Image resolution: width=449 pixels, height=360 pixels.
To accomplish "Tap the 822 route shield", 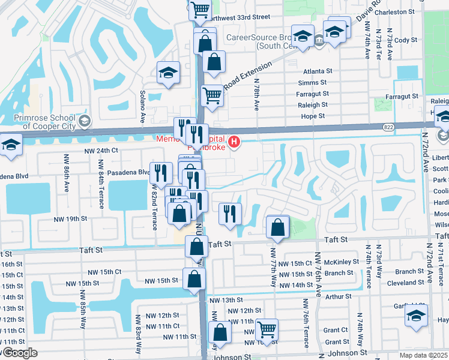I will (x=388, y=127).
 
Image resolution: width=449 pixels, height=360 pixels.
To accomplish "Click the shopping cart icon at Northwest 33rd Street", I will (x=200, y=9).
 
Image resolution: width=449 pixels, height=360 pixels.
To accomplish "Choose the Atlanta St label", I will (x=318, y=71).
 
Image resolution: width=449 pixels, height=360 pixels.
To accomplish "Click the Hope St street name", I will (x=313, y=116).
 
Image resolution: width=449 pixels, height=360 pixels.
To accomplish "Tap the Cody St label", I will (x=405, y=40).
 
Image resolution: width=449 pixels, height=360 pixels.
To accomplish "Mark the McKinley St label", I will (x=341, y=262).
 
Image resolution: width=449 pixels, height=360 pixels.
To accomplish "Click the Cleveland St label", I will (x=405, y=283).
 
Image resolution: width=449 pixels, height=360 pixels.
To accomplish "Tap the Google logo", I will (x=19, y=353).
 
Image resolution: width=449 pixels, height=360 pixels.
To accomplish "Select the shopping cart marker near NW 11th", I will (x=267, y=329).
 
